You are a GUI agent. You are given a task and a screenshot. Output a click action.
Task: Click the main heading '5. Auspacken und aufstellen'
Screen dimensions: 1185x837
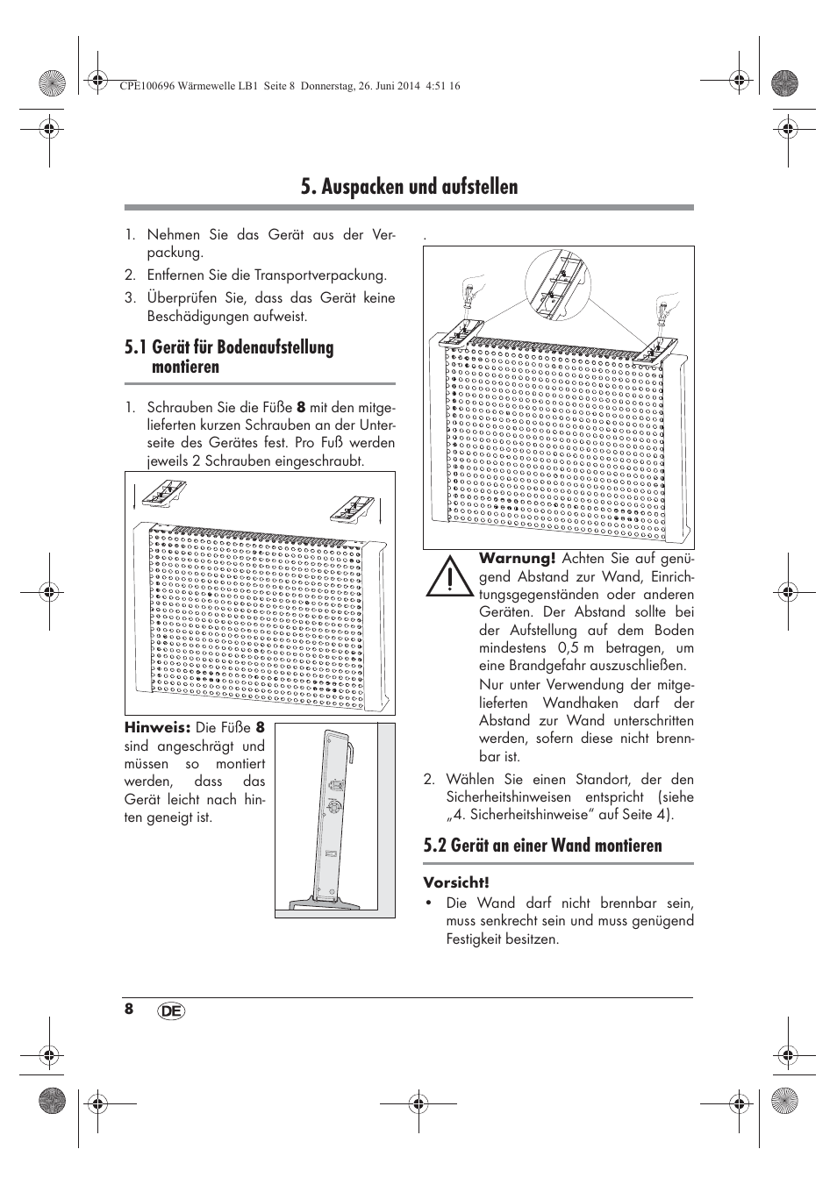click(409, 187)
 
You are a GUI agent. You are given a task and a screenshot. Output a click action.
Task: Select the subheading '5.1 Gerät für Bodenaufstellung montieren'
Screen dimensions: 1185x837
click(229, 357)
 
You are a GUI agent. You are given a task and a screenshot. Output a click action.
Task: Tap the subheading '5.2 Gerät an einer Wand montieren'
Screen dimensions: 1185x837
click(542, 846)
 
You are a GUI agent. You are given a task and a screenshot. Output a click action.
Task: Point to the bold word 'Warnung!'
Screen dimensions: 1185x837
click(517, 559)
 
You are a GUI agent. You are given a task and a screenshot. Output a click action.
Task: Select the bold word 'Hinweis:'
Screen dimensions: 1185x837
click(157, 728)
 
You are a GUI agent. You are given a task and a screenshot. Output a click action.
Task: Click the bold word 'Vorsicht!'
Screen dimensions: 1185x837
click(455, 882)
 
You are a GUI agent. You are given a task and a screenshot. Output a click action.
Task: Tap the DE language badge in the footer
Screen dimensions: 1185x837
click(172, 1011)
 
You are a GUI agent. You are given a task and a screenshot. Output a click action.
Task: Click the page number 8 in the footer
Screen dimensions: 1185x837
click(129, 1009)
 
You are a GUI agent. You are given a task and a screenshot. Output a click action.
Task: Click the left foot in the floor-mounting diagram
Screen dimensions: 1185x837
click(161, 496)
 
